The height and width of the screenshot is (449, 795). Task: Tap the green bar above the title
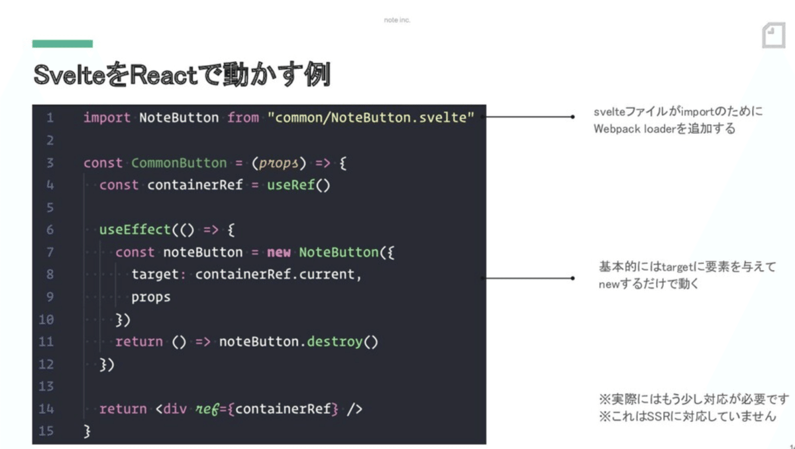tap(62, 44)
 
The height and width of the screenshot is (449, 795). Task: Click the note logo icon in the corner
tap(773, 35)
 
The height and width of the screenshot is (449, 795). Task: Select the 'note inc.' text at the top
tap(397, 20)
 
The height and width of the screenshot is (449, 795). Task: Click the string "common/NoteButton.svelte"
tap(371, 118)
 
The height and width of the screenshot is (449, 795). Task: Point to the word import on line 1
tap(107, 118)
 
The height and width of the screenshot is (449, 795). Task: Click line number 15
tap(46, 430)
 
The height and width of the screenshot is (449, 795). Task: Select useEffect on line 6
tap(134, 230)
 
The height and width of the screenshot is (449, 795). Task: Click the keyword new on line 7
tap(279, 253)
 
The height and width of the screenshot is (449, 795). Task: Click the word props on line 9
tap(150, 297)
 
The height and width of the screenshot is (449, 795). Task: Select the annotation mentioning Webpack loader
tap(677, 120)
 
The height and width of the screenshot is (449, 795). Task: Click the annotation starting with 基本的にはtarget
tap(686, 275)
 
